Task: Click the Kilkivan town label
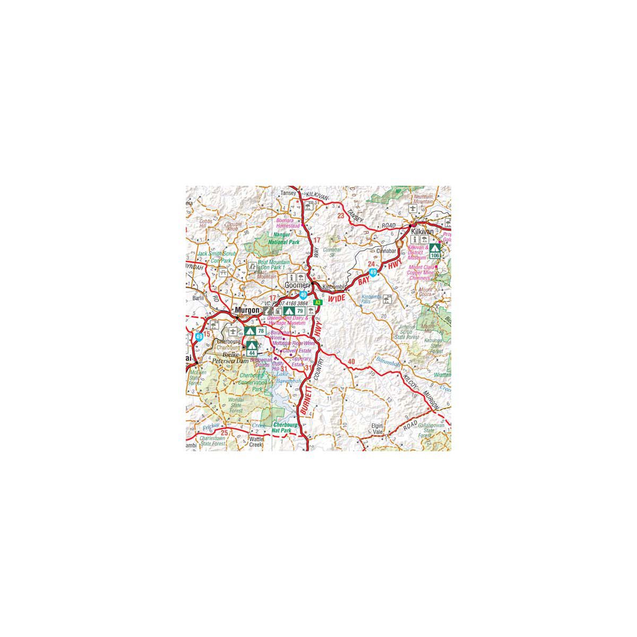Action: (423, 232)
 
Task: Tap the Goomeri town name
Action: (297, 285)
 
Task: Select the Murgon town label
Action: (247, 310)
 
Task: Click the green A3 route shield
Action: (318, 302)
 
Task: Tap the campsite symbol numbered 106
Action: (435, 251)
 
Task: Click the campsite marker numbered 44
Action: (252, 348)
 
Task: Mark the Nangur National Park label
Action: (284, 238)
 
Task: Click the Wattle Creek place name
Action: (256, 442)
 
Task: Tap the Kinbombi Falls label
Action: (372, 300)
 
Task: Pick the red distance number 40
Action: (351, 362)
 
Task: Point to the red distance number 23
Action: (340, 216)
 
